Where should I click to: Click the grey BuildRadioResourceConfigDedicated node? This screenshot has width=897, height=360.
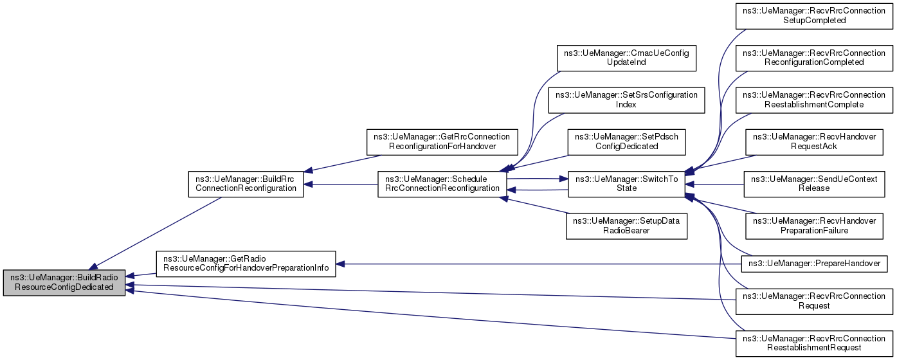click(x=64, y=283)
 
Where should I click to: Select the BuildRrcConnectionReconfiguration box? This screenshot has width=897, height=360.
click(x=246, y=184)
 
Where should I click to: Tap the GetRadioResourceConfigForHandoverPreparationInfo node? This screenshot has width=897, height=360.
click(x=246, y=264)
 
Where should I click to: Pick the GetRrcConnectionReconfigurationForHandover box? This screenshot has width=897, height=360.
click(x=442, y=142)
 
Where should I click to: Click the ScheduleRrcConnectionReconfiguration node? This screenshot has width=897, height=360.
click(x=442, y=184)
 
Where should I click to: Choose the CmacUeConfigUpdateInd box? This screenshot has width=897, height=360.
click(x=626, y=59)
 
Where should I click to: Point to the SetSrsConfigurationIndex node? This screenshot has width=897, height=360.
click(x=626, y=100)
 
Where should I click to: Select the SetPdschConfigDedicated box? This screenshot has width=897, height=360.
click(x=626, y=142)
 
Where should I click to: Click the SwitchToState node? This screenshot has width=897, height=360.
click(x=626, y=184)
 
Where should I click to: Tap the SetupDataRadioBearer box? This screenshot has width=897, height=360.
click(x=626, y=226)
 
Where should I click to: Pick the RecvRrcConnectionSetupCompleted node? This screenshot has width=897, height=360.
click(x=814, y=16)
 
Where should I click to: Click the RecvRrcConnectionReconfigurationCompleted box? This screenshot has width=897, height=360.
click(x=814, y=59)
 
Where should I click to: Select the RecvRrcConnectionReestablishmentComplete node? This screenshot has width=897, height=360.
click(x=814, y=100)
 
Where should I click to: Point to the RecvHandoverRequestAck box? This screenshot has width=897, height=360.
click(x=814, y=142)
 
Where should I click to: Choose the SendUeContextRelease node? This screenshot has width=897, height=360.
click(x=814, y=184)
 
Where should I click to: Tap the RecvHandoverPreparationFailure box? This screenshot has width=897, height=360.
click(x=814, y=226)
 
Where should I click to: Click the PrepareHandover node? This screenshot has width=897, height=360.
click(x=814, y=264)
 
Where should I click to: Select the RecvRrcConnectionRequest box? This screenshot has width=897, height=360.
click(x=814, y=301)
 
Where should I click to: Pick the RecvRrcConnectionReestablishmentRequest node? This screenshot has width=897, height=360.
click(x=814, y=343)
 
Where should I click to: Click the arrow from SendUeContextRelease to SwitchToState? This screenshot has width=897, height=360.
click(x=714, y=184)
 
